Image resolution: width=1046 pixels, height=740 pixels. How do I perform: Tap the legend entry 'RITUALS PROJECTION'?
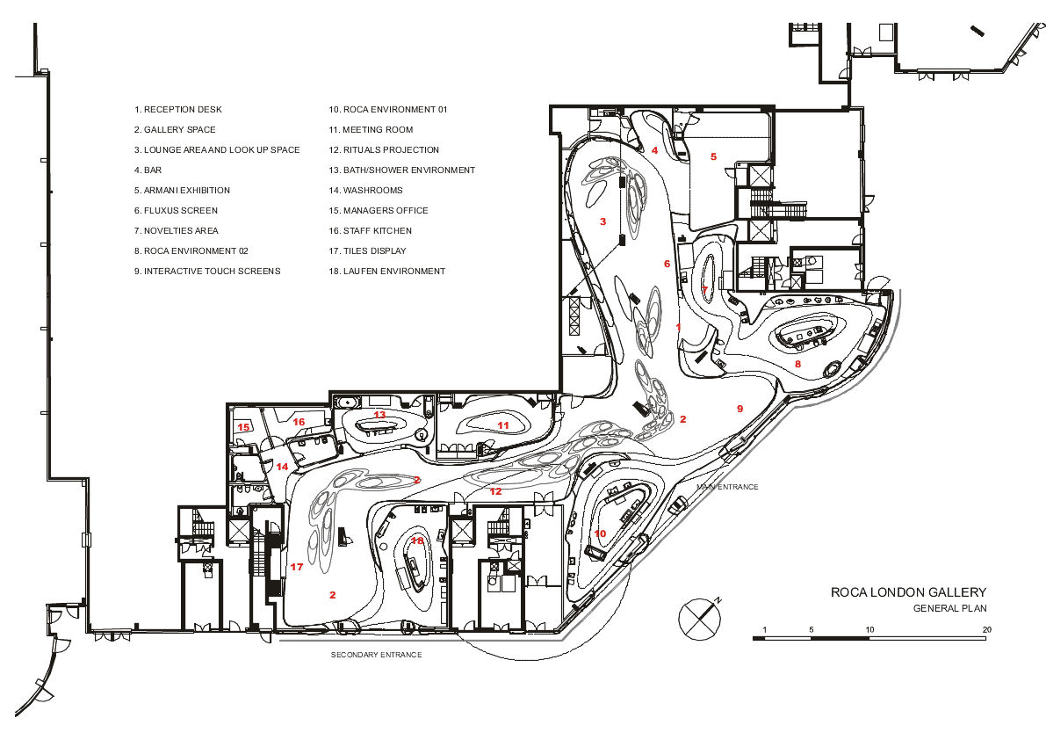coord(384,150)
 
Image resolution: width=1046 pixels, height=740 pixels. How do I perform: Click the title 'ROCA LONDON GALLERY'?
coord(908,591)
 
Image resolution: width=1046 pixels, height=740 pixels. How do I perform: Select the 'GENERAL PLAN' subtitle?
coord(950,608)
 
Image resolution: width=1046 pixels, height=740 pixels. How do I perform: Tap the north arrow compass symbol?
coord(700,618)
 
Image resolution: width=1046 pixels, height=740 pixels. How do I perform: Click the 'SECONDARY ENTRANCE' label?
coord(376,655)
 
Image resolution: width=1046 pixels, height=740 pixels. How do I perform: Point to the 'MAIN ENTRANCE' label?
coord(727,487)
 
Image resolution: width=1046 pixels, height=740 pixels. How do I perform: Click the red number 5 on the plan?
coord(713,156)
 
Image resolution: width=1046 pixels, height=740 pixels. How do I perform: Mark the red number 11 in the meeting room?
coord(503,425)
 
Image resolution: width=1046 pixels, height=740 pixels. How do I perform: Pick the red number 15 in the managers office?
coord(243,427)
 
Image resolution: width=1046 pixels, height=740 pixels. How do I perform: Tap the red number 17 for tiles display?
coord(297,567)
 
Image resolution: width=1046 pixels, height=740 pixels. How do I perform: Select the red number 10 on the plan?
coord(601,533)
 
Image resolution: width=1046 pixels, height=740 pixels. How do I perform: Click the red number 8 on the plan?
coord(797,364)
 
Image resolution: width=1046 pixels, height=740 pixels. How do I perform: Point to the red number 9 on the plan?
coord(739,409)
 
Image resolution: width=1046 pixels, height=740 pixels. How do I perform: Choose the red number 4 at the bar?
coord(654,150)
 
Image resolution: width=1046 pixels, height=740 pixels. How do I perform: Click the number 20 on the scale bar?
coord(987,629)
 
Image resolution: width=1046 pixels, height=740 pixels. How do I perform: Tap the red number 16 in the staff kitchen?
coord(299,422)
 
